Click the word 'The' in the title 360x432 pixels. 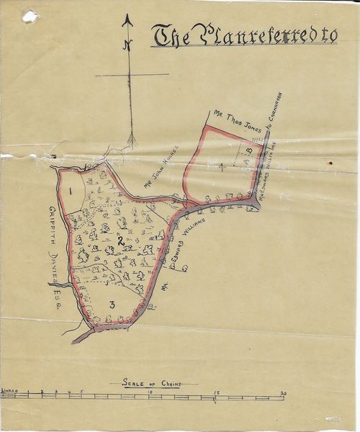(x=171, y=37)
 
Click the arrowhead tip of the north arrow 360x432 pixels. (x=128, y=17)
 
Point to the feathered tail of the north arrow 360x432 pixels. (x=132, y=137)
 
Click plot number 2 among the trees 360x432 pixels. (x=120, y=239)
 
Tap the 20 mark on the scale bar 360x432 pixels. (x=283, y=392)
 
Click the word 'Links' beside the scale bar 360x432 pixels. (x=9, y=389)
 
